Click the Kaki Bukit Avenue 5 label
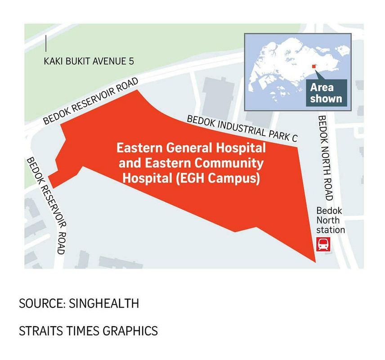point(89,61)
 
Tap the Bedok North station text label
point(331,220)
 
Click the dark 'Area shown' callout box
point(326,93)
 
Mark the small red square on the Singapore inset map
point(314,67)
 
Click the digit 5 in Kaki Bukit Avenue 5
point(131,61)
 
